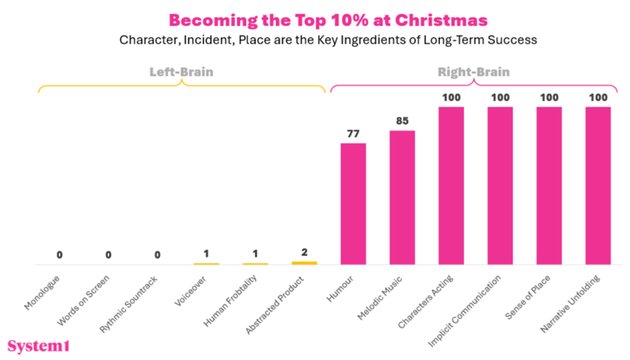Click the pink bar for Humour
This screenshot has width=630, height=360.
(353, 204)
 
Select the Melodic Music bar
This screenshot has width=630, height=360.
(402, 197)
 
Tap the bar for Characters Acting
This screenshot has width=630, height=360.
(451, 186)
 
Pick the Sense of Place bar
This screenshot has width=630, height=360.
(549, 186)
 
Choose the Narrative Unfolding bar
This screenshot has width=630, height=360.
(598, 186)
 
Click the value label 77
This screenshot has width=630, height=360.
(353, 134)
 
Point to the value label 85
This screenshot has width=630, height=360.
(402, 122)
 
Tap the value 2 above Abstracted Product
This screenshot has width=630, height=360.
(304, 253)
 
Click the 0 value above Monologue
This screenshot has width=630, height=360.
(59, 255)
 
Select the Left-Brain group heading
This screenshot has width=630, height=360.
(181, 73)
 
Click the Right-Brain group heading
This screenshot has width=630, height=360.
(474, 73)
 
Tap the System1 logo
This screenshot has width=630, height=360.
(38, 346)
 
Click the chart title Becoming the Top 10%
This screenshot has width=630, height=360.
(328, 20)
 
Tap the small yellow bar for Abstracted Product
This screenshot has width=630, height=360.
(304, 263)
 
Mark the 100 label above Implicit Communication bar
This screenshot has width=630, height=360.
(500, 98)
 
